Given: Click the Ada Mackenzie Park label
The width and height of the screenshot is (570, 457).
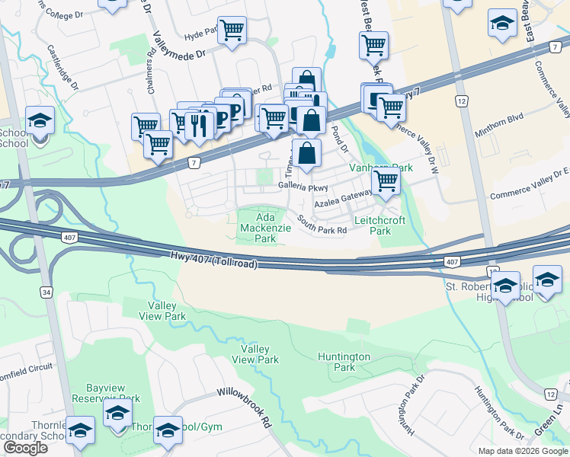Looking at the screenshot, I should pos(258,228).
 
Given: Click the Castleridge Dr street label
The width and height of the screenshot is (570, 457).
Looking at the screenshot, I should pos(62,66).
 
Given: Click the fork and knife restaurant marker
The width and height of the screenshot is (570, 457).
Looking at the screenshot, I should pos(200,123).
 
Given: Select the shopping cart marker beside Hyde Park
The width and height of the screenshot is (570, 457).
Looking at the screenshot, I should pos(232,30).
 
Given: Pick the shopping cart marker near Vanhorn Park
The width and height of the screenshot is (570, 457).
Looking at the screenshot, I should pos(386,181).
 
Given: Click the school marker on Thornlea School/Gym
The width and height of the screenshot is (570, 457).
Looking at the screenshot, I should pos(168,431).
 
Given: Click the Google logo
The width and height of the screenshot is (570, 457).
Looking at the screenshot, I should pos(25,448).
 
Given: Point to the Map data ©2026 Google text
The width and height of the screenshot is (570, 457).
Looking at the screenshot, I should pos(522,450).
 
